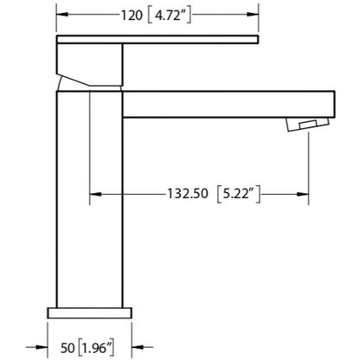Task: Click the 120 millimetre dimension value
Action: (x=132, y=15)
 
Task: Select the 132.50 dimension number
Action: (x=188, y=193)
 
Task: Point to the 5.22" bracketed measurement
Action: (x=238, y=194)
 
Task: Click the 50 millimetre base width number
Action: (x=67, y=348)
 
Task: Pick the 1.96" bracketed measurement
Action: (x=96, y=348)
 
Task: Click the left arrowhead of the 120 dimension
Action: (x=62, y=15)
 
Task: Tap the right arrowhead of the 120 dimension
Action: (x=253, y=15)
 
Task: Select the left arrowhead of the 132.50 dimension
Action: (x=95, y=194)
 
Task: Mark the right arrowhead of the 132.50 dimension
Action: (x=303, y=194)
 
